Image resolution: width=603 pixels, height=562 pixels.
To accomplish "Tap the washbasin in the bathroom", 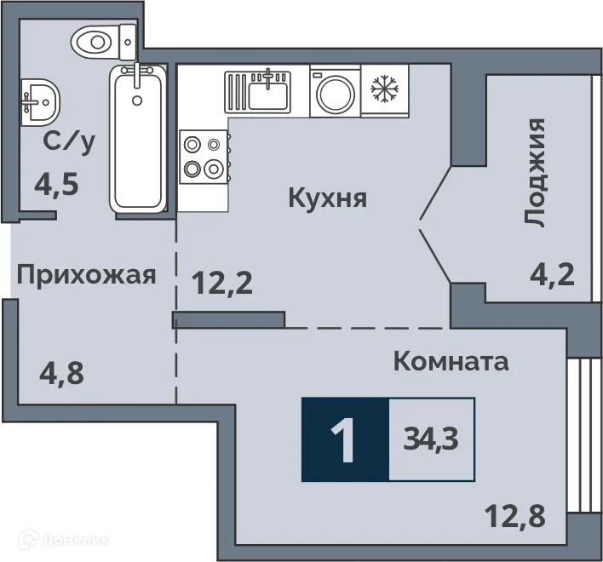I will tap(38, 100).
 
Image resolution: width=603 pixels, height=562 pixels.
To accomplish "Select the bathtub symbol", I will tap(135, 136).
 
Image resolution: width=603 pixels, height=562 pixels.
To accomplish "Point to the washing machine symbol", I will tap(334, 91).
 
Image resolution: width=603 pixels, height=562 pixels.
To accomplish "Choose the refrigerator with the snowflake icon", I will tap(385, 89).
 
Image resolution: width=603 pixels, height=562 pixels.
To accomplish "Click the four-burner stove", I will tap(204, 156).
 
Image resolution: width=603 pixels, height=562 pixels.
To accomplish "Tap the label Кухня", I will tap(328, 199).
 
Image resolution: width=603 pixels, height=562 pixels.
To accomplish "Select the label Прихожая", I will tap(86, 275).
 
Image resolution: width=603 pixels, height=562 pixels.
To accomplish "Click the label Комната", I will tap(451, 361).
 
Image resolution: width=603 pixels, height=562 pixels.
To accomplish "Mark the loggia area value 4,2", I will tap(551, 275).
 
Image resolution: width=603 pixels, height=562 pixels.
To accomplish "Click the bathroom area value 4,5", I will tap(56, 184).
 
